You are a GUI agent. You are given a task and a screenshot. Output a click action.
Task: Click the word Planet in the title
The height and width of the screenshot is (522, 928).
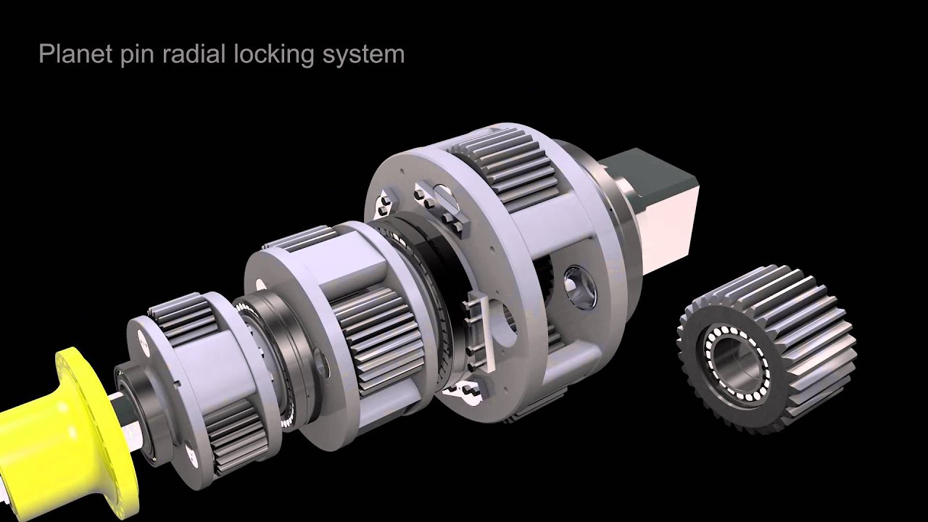click(x=67, y=54)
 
